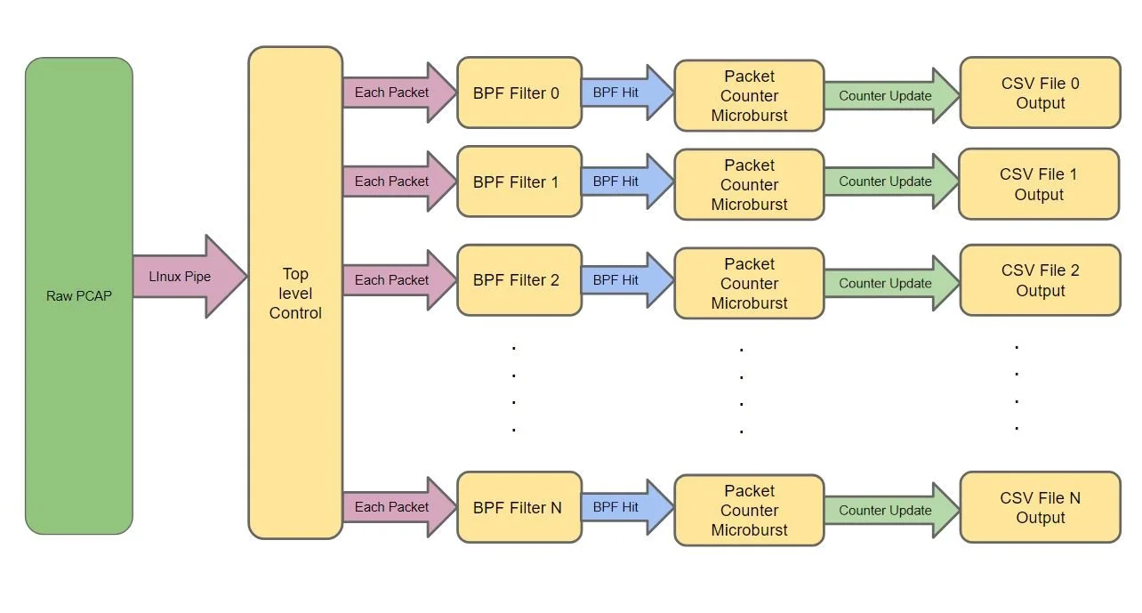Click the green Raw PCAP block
click(79, 295)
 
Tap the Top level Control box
click(295, 293)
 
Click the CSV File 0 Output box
click(1040, 93)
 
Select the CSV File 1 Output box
click(1038, 184)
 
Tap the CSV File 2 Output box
click(1040, 280)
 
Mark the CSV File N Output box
click(1040, 507)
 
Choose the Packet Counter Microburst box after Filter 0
click(749, 96)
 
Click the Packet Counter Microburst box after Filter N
click(749, 510)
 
